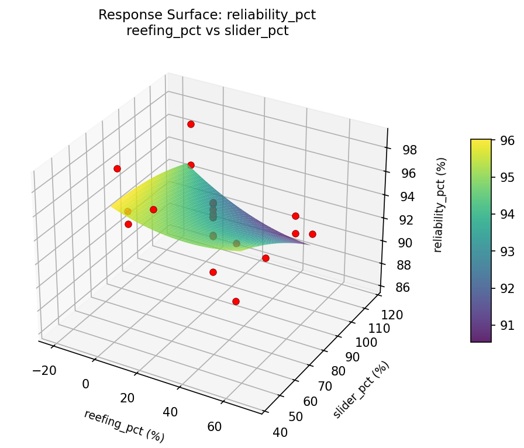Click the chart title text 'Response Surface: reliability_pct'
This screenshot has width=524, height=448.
coord(207,15)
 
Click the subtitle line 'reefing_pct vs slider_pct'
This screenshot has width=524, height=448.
coord(207,31)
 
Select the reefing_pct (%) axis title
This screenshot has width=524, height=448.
coord(124,426)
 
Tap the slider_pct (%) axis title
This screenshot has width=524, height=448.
coord(361,390)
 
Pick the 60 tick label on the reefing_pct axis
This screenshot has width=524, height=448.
coord(214,426)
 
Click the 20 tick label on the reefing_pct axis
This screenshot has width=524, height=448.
coord(127,398)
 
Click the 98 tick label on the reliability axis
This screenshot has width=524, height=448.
coord(410,150)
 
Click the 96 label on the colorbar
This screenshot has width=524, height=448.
coord(506,140)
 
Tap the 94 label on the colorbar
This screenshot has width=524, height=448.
coord(506,214)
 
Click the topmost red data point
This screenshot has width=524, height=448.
coord(191,124)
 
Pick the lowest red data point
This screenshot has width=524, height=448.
coord(236,301)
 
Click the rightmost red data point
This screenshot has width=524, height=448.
coord(312,234)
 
